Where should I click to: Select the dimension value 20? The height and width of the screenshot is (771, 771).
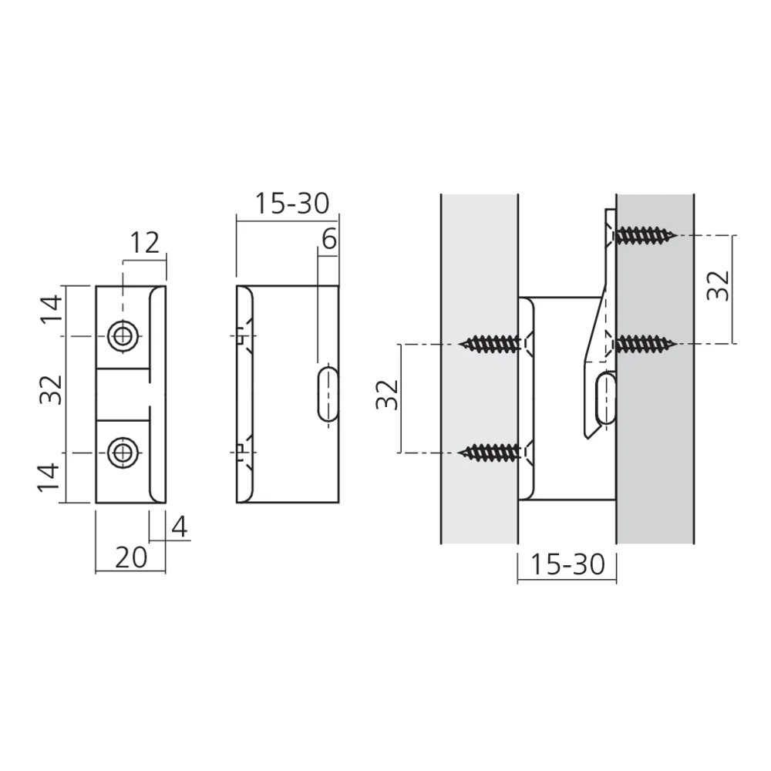tap(130, 557)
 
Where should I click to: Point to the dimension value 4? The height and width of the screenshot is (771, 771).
tap(179, 527)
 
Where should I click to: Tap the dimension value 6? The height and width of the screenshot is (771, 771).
tap(328, 240)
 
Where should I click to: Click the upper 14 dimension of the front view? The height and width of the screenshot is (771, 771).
tap(50, 311)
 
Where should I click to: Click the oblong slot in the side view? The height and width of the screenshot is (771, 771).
tap(328, 393)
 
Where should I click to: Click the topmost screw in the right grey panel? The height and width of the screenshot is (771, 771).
tap(645, 234)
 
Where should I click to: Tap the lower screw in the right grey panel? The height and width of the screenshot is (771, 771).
tap(645, 342)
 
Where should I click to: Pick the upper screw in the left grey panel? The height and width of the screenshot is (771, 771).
tap(493, 342)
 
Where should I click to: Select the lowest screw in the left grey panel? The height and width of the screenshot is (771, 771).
tap(493, 452)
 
